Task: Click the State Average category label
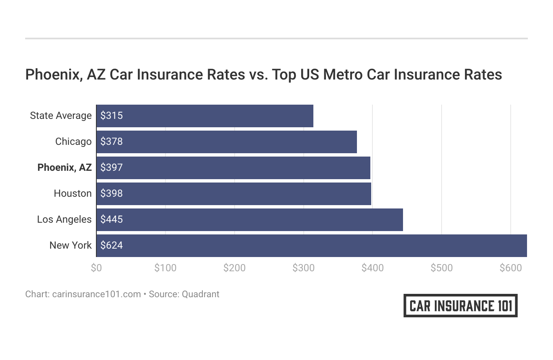[x=61, y=116]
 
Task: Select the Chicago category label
[x=73, y=141]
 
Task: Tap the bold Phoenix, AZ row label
[x=64, y=167]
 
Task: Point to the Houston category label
[x=72, y=193]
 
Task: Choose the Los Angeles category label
[x=64, y=219]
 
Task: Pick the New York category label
[x=70, y=245]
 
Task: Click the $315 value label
[x=111, y=116]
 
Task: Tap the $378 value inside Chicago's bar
[x=111, y=141]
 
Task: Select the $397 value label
[x=111, y=167]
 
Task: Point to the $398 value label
[x=111, y=193]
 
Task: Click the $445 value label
[x=111, y=219]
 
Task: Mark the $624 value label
[x=111, y=245]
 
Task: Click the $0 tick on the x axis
[x=96, y=268]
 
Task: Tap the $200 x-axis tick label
[x=234, y=268]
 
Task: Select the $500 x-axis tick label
[x=442, y=268]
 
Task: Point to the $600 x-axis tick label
[x=510, y=268]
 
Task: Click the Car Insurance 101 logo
[x=460, y=306]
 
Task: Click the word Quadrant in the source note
[x=200, y=294]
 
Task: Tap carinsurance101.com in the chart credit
[x=96, y=294]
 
